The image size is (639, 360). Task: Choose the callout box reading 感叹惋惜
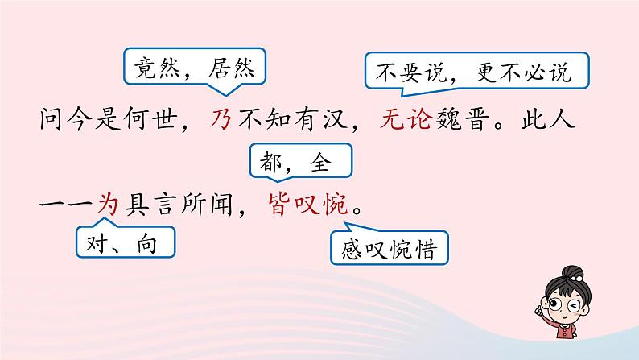389,250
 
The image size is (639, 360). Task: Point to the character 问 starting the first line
51,122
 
